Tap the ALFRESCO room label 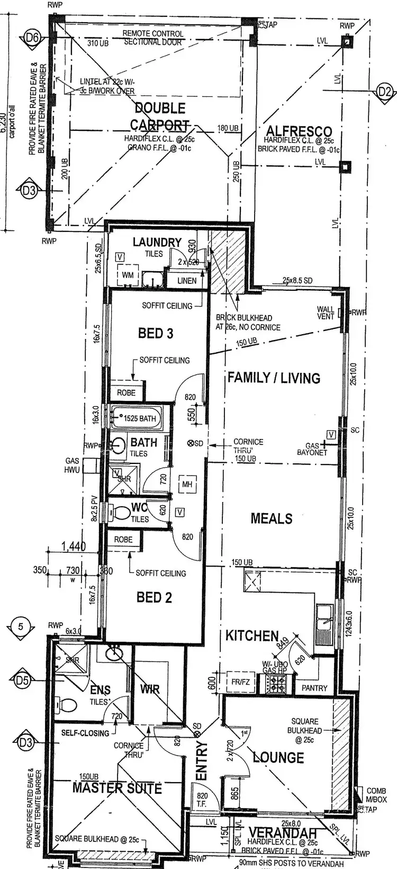point(299,131)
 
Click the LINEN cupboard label point(187,281)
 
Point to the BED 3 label point(156,333)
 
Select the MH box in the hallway point(187,485)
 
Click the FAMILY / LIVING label point(274,378)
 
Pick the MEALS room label point(272,518)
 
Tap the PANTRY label point(314,688)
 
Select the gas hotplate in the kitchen point(276,685)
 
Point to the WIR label point(150,689)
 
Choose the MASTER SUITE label point(117,788)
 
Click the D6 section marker point(32,38)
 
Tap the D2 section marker point(385,92)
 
